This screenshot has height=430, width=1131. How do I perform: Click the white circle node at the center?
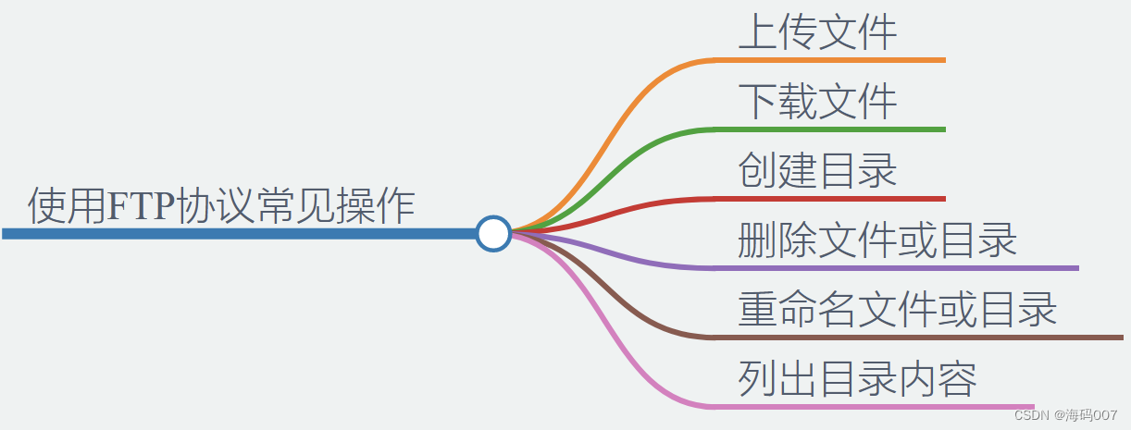pos(493,233)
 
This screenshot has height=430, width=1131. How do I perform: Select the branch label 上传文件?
pos(817,31)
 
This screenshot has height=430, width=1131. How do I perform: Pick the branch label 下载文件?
pos(817,101)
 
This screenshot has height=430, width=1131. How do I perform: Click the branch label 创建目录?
pos(817,170)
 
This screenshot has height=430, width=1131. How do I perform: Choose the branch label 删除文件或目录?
pos(877,240)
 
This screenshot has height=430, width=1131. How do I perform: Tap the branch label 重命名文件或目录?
pos(897,309)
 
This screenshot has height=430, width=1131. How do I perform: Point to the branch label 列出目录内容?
pos(857,378)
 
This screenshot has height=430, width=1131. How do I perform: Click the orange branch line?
pos(833,60)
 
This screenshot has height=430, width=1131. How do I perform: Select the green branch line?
pos(833,129)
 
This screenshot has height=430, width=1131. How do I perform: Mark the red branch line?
pos(833,199)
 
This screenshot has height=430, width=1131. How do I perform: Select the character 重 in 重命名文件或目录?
pos(758,309)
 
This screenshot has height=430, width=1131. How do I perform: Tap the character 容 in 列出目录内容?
pos(957,378)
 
